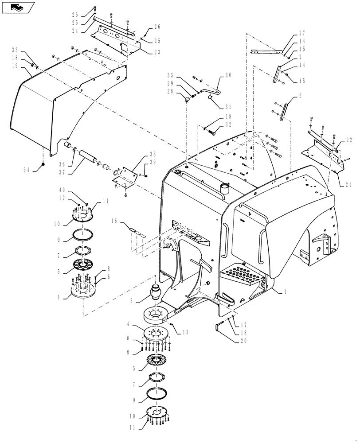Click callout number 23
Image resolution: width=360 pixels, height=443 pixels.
click(144, 51)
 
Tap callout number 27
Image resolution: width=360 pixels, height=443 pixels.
click(302, 33)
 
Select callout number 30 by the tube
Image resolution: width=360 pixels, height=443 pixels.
click(228, 75)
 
